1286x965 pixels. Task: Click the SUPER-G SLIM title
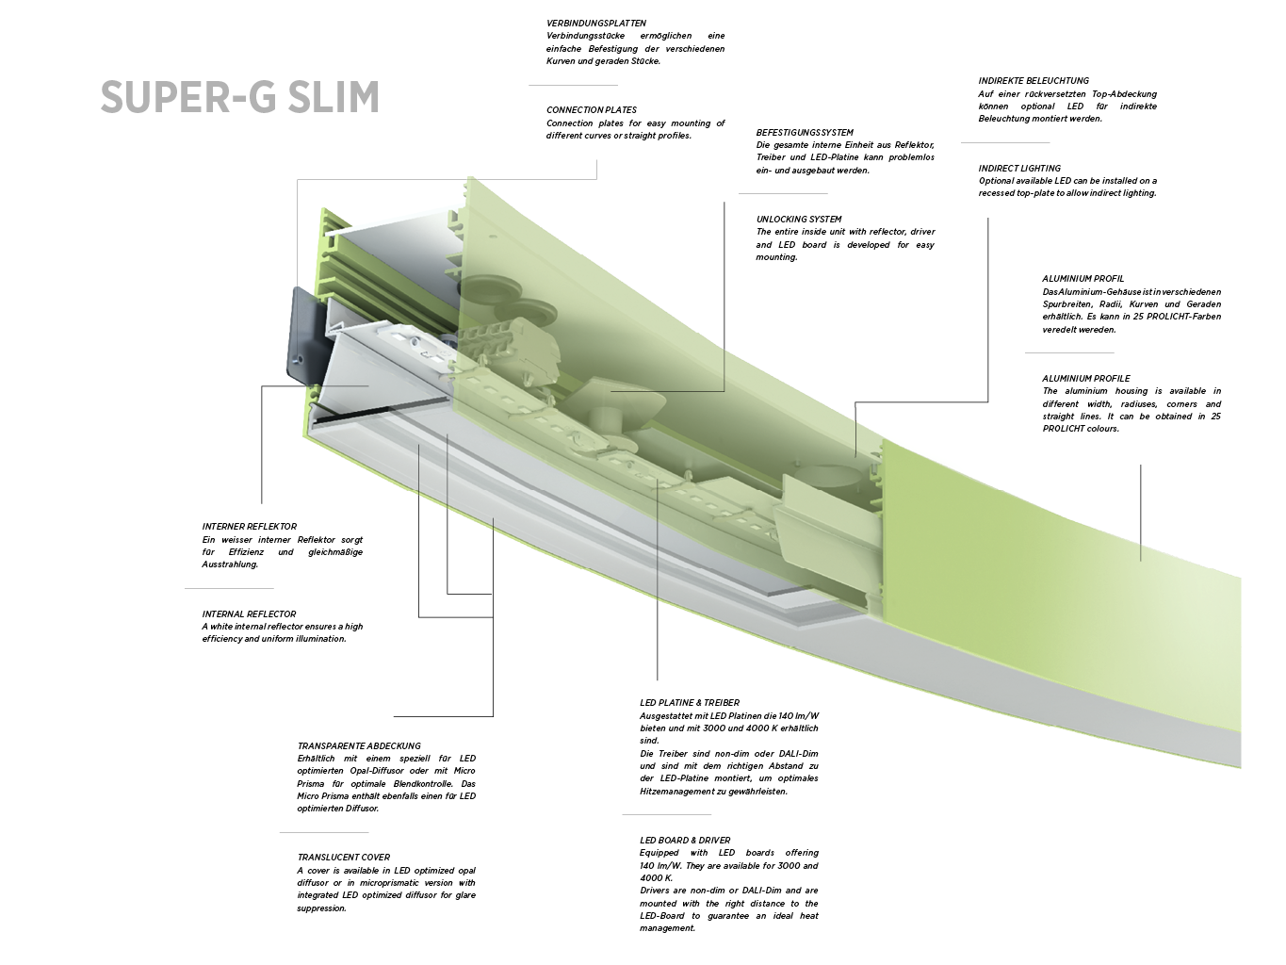239,98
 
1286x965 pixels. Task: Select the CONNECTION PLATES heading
592,110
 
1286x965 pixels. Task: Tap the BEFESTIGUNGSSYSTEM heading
805,133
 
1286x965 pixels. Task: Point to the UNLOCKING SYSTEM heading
799,220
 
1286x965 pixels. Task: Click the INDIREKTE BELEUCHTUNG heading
1034,81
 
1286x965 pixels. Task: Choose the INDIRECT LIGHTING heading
1019,169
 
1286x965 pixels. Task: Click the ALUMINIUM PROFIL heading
1083,279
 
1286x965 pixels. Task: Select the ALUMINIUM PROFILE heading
1085,379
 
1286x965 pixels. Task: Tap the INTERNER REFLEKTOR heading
249,527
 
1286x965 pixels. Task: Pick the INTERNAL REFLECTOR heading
249,614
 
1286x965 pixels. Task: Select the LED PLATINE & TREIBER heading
690,703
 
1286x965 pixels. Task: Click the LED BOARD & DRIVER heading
685,841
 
